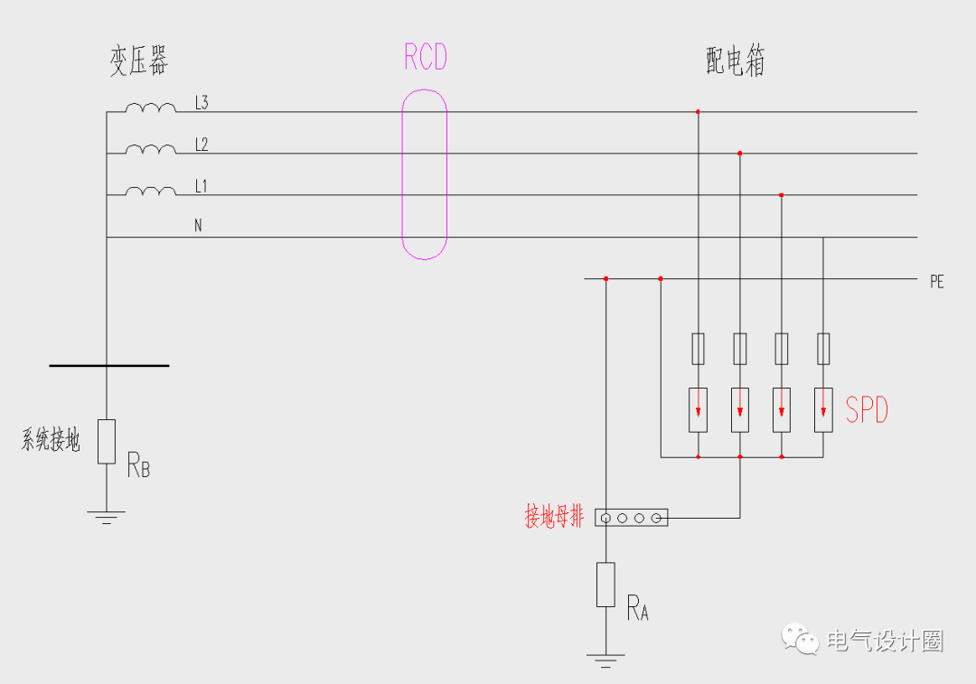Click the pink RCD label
click(x=426, y=58)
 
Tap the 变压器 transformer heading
click(x=139, y=61)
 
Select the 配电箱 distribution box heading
click(x=736, y=61)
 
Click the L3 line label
click(x=202, y=103)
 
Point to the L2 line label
click(x=202, y=145)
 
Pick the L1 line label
click(x=202, y=186)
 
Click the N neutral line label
click(x=198, y=226)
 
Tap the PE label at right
click(x=936, y=282)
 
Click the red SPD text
click(x=867, y=411)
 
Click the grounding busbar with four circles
click(x=631, y=518)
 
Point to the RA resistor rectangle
click(x=605, y=584)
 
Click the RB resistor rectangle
click(x=107, y=441)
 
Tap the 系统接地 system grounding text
click(x=51, y=442)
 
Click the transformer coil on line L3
click(x=151, y=108)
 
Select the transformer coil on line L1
click(x=151, y=191)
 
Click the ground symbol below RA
click(x=605, y=661)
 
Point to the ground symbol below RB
click(x=107, y=517)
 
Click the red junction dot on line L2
click(x=740, y=154)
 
